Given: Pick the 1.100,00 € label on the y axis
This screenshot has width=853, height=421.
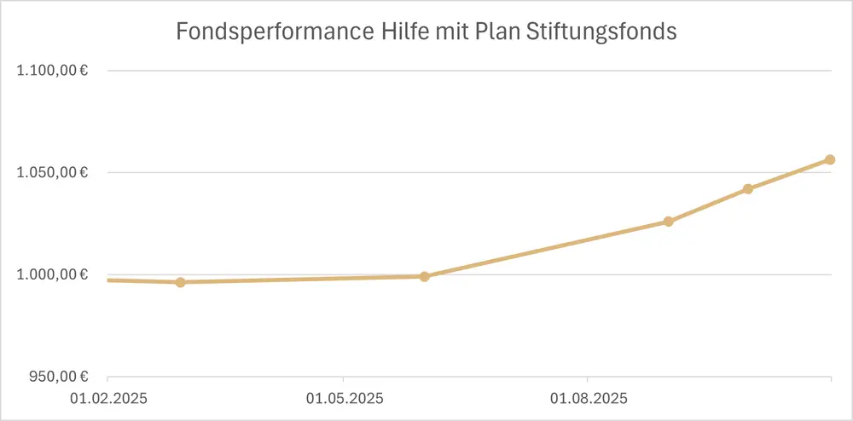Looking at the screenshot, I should [54, 71].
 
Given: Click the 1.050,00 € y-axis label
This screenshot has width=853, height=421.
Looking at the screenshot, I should [54, 173].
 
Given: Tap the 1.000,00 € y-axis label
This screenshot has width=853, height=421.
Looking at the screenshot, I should [54, 275].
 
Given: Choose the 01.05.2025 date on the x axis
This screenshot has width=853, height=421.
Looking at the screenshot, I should [343, 398].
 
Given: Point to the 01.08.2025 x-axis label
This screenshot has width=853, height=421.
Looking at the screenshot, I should [587, 398].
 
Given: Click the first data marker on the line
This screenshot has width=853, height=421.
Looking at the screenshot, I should [180, 282].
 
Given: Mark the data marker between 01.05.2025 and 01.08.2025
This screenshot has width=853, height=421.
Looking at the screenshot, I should [425, 276].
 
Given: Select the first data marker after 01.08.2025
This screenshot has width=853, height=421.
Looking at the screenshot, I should [669, 222].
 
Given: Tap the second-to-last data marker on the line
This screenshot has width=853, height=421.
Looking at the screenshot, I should [748, 189].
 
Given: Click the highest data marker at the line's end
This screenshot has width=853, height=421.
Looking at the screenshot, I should [830, 159].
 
